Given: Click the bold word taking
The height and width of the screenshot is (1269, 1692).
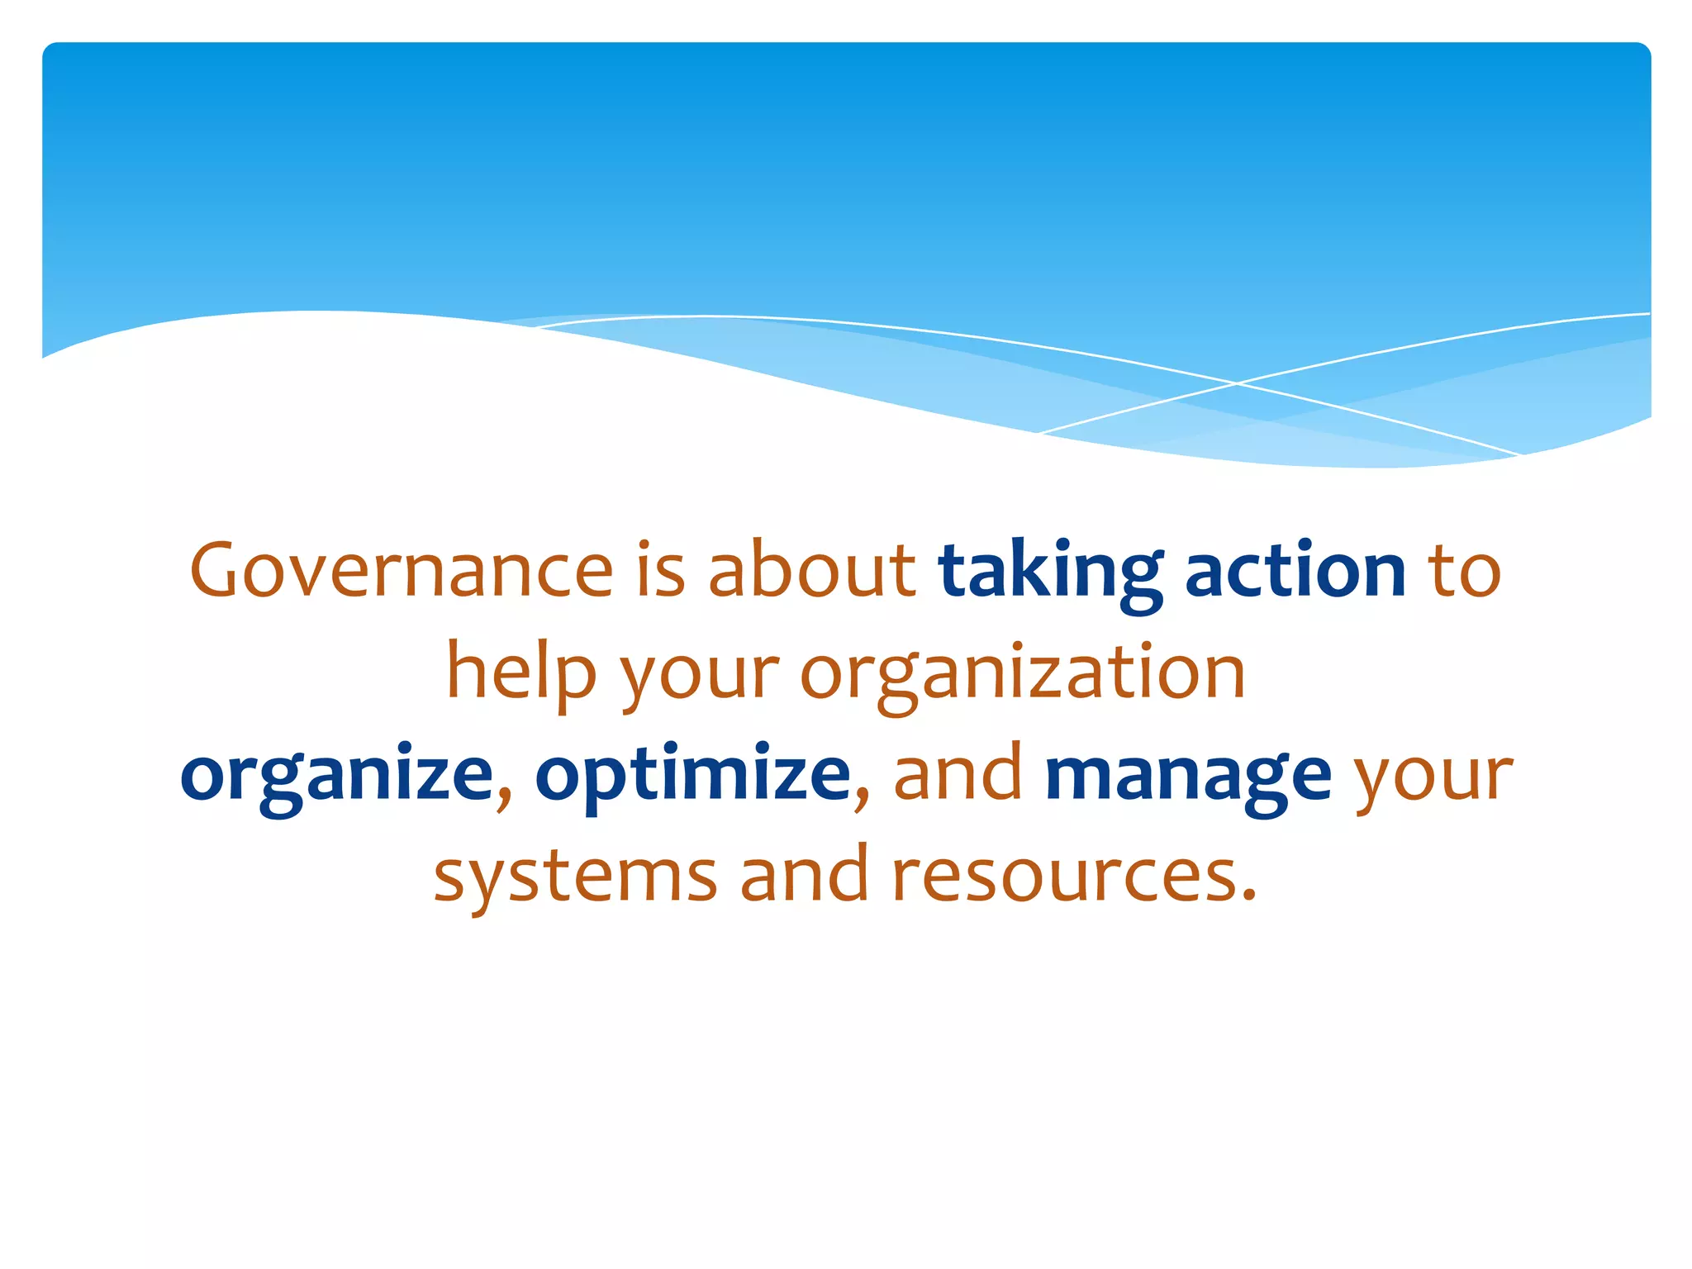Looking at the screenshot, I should [1049, 572].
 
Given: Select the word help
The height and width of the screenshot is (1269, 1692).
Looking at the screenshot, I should [521, 674].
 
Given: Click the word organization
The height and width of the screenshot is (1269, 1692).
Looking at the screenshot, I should [1023, 674].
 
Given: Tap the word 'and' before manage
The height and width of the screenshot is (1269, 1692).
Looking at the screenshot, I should [958, 773].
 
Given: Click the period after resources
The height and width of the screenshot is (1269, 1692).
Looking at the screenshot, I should [1248, 896].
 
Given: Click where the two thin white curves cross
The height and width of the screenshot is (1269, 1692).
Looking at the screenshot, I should [1236, 383].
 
